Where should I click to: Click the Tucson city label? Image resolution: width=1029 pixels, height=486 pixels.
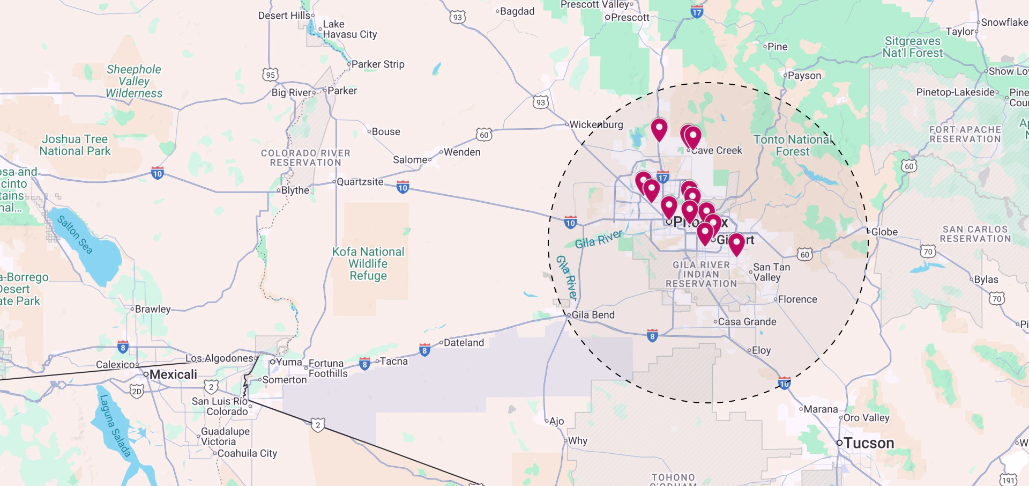click(868, 443)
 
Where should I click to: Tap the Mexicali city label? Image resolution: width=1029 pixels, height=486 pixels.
click(173, 374)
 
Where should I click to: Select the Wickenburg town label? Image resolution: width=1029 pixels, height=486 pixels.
click(596, 124)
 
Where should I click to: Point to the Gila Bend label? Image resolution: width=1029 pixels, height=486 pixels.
click(593, 315)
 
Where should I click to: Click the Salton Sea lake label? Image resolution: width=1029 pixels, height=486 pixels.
click(75, 234)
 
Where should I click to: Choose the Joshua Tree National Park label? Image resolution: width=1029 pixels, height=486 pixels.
click(75, 145)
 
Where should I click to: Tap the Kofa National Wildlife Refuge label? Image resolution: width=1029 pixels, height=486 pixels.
click(368, 263)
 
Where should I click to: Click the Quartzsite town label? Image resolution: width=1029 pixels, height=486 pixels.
click(360, 182)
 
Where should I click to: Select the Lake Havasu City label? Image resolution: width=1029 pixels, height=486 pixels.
click(349, 29)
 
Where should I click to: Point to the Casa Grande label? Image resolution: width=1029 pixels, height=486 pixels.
click(747, 322)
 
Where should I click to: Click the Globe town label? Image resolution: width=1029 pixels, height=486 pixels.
click(884, 232)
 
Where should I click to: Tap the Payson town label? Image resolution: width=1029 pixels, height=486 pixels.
click(804, 76)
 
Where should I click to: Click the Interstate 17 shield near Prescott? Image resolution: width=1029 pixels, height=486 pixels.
click(696, 12)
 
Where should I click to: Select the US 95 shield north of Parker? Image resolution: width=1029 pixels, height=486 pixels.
click(271, 75)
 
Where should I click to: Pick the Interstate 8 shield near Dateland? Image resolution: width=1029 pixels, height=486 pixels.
click(424, 351)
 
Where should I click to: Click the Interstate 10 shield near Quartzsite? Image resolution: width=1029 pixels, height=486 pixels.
click(403, 187)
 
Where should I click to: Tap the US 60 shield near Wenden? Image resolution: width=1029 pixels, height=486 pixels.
click(484, 135)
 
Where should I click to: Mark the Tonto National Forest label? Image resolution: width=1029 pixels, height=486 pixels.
click(793, 145)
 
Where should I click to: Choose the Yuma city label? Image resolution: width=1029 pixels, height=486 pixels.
click(289, 362)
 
